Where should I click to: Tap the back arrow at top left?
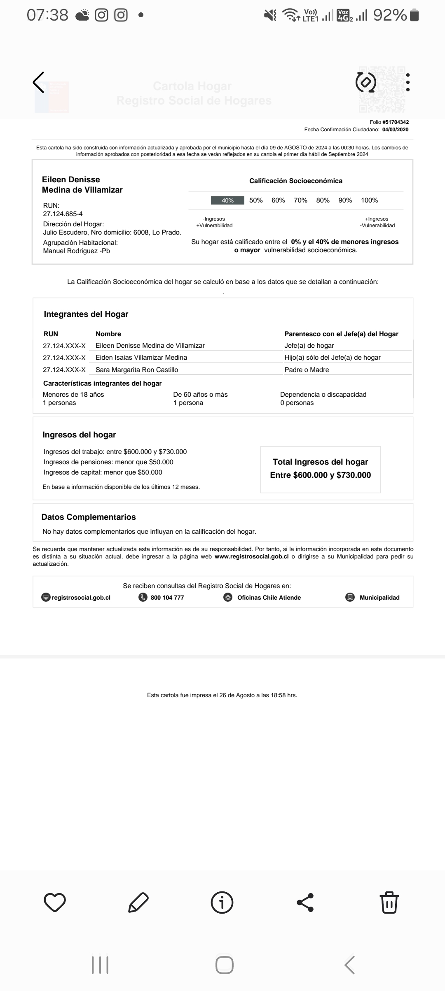pos(39,82)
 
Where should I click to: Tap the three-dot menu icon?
pos(408,82)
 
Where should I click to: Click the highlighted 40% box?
pos(227,200)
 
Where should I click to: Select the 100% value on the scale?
pos(369,200)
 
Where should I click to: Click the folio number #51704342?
pos(396,122)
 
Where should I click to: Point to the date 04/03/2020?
pos(395,130)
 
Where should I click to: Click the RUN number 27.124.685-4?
pos(63,214)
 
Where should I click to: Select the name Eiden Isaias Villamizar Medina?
pos(141,358)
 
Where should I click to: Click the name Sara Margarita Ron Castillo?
pos(137,370)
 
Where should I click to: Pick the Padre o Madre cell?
pos(307,370)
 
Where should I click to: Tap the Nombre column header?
pos(108,334)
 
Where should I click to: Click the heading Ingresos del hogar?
pos(79,435)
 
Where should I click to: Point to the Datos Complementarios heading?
pos(89,517)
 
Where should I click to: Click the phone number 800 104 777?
pos(167,598)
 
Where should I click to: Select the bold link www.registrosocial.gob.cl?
pos(251,556)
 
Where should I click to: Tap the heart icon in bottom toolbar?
pos(55,903)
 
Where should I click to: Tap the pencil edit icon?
pos(138,903)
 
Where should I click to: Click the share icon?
pos(305,903)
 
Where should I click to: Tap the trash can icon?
pos(389,903)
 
